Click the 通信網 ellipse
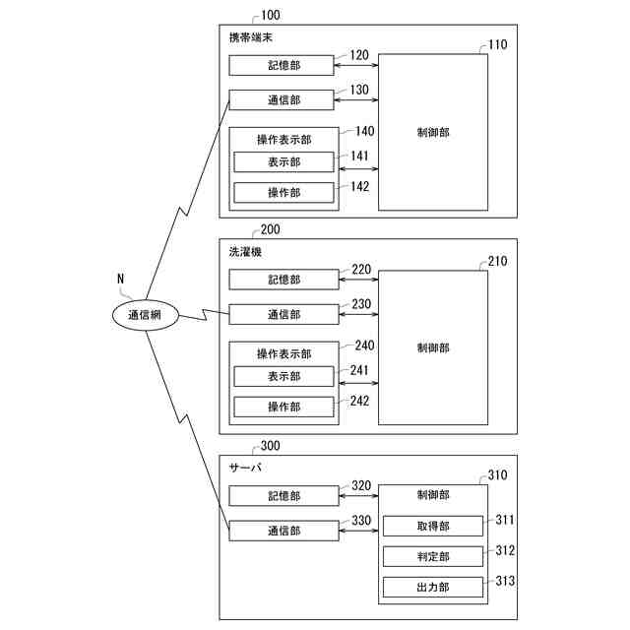145,315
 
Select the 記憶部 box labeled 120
283,65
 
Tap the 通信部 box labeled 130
283,99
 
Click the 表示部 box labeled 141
283,162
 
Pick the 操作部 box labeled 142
283,192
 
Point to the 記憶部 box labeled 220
283,280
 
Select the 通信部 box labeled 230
283,314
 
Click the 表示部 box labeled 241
283,376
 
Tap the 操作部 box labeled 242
283,406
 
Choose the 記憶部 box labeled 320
283,496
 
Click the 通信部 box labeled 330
283,531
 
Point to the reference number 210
499,262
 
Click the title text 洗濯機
245,252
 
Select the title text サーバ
245,468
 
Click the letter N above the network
120,279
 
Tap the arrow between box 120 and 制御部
357,65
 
